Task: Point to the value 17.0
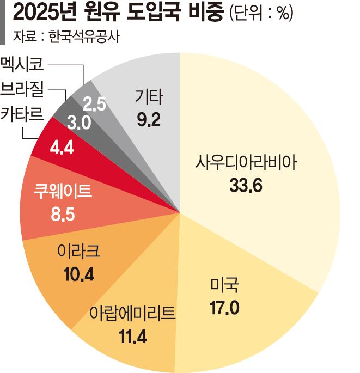224,308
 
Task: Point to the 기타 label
148,97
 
